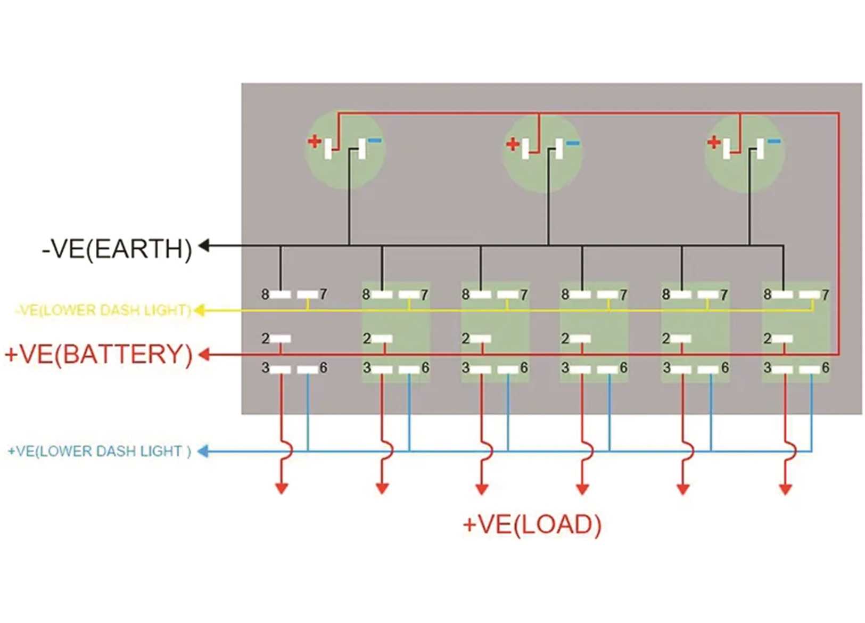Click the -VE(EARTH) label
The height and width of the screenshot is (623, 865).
[117, 249]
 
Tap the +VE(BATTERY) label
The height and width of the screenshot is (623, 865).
[98, 354]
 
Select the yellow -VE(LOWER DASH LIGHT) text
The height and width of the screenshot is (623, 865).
[103, 310]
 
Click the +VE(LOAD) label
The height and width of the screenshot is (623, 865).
[532, 524]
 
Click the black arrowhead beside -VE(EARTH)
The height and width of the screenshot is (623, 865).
[204, 245]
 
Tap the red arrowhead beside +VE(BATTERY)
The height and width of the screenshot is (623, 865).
[204, 355]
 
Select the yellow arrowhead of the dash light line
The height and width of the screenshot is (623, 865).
[199, 310]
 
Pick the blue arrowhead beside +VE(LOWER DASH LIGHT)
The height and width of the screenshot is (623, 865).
[202, 452]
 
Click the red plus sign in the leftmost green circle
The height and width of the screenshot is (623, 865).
[315, 142]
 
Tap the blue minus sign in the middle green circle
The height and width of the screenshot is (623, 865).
[573, 143]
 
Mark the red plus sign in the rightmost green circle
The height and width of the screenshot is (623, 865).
[714, 142]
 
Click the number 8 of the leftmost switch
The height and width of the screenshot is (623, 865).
[265, 294]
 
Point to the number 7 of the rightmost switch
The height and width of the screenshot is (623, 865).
[825, 295]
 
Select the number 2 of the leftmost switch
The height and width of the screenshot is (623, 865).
[265, 339]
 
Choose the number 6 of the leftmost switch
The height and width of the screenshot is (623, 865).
[323, 368]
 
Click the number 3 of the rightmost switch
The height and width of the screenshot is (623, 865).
[767, 368]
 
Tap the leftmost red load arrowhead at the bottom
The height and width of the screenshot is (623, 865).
[282, 488]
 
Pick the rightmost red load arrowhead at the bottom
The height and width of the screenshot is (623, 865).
[786, 488]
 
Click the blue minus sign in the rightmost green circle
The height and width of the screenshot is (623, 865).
[774, 141]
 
